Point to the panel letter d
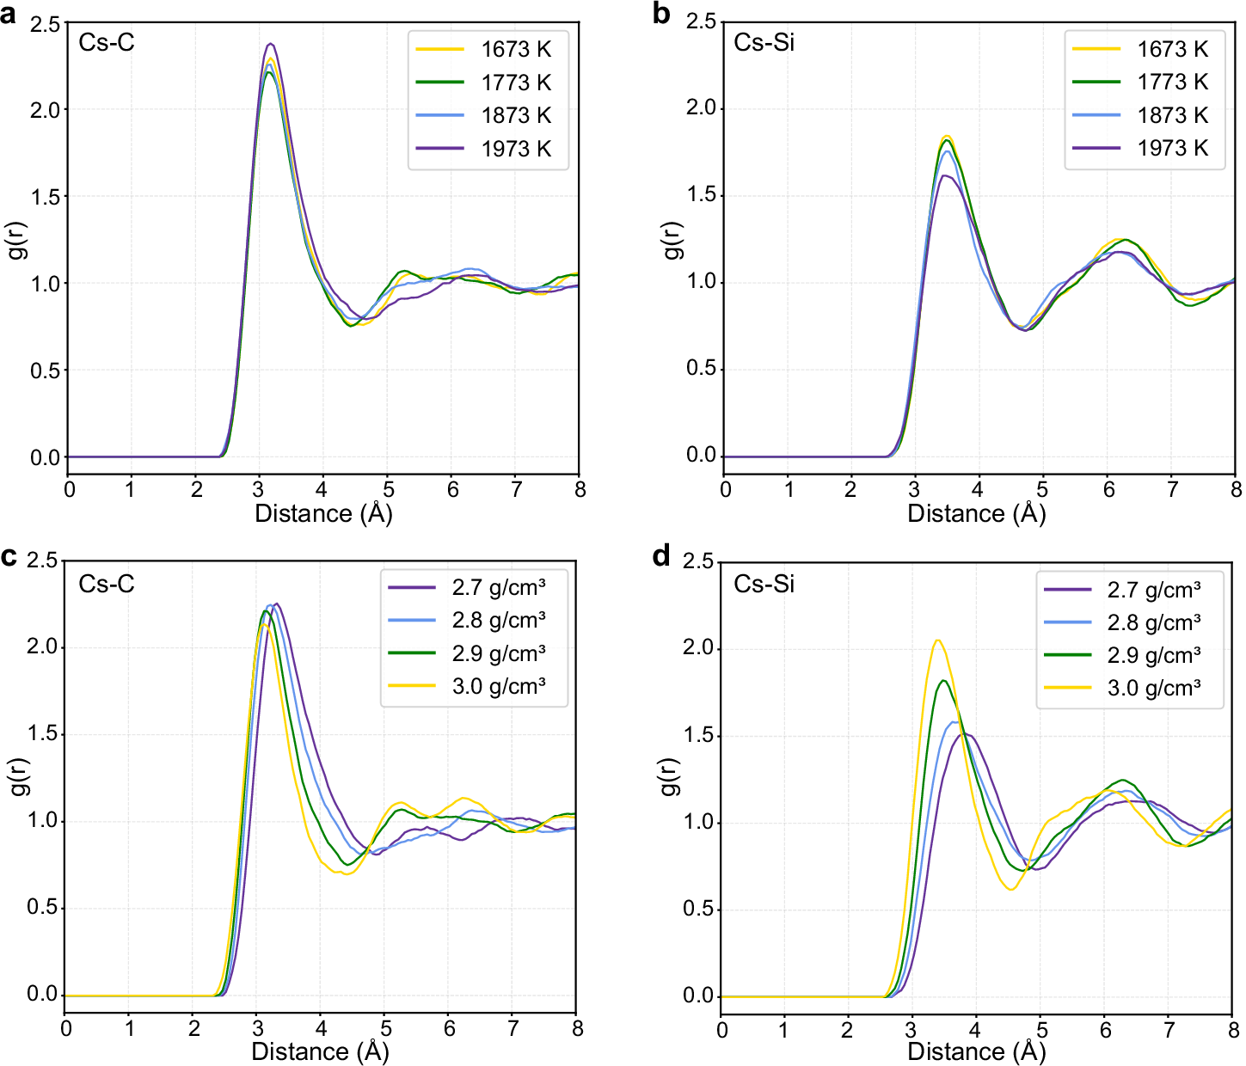coord(661,556)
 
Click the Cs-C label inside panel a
coord(107,42)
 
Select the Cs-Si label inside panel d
coord(764,584)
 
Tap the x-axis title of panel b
coord(976,513)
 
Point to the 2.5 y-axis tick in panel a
coord(45,24)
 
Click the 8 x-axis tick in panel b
coord(1236,490)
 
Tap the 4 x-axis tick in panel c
coord(321,1028)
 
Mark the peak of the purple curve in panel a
coord(271,44)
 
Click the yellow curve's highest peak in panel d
coord(937,640)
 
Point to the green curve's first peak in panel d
coord(944,681)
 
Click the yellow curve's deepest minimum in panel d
coord(1011,889)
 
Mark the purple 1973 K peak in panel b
coord(945,175)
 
